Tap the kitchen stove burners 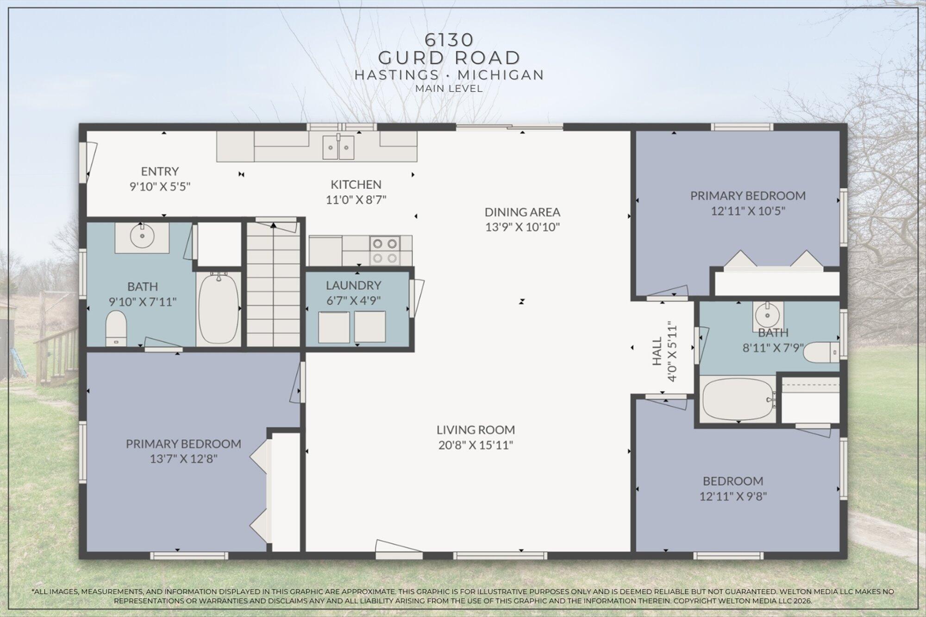pyautogui.click(x=385, y=250)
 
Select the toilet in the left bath pyautogui.click(x=116, y=327)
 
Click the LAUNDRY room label pyautogui.click(x=353, y=285)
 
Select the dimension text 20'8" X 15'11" pyautogui.click(x=476, y=445)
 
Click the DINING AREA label pyautogui.click(x=522, y=212)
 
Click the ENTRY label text pyautogui.click(x=160, y=171)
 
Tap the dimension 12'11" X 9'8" pyautogui.click(x=733, y=497)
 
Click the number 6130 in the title pyautogui.click(x=449, y=40)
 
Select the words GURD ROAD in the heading pyautogui.click(x=449, y=58)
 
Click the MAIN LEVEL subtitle pyautogui.click(x=449, y=88)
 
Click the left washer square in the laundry pyautogui.click(x=334, y=327)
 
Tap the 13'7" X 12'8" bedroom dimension pyautogui.click(x=183, y=459)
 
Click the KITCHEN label pyautogui.click(x=356, y=184)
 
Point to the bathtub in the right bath pyautogui.click(x=737, y=399)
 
